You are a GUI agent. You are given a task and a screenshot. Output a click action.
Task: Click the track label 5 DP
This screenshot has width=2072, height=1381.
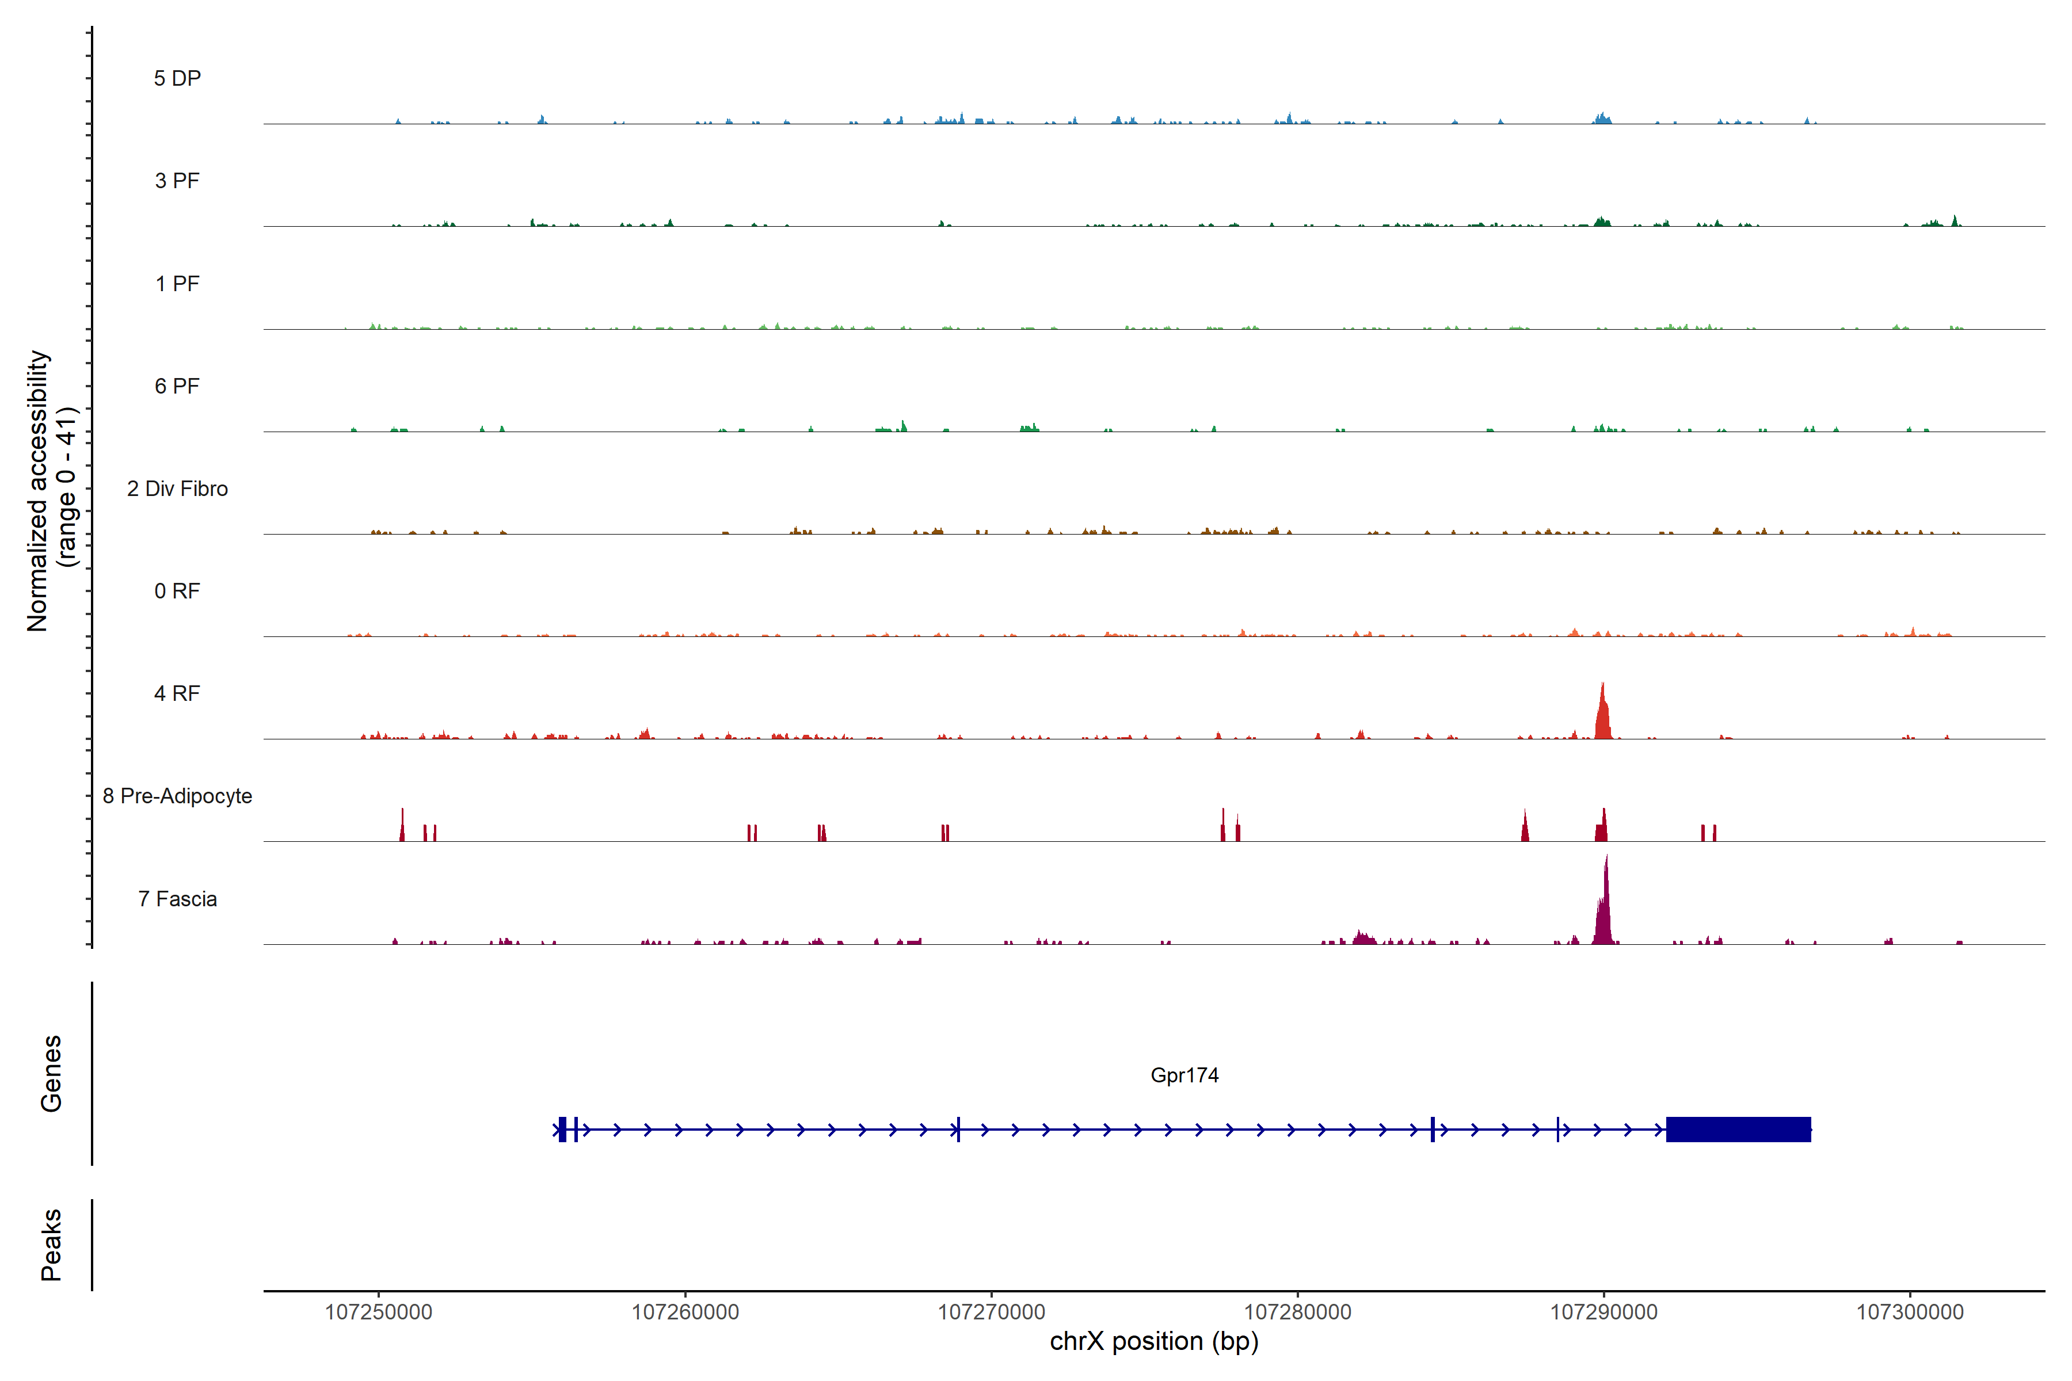click(x=177, y=78)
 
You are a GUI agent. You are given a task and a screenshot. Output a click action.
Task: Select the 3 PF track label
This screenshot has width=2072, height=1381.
click(x=177, y=181)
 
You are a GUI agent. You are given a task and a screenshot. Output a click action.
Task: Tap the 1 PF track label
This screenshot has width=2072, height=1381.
click(x=177, y=284)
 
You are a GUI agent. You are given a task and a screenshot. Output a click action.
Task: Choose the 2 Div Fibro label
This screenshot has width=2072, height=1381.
click(x=177, y=489)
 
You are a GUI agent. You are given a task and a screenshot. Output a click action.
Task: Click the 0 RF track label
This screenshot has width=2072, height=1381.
click(x=177, y=591)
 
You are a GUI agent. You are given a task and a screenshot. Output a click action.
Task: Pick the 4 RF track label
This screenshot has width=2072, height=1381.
click(x=177, y=693)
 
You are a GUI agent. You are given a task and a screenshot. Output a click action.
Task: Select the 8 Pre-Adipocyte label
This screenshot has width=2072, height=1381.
click(x=177, y=796)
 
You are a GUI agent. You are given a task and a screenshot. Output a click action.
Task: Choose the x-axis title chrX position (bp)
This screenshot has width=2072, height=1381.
click(x=1154, y=1341)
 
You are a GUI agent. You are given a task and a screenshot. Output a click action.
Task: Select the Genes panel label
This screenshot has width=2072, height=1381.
click(x=51, y=1074)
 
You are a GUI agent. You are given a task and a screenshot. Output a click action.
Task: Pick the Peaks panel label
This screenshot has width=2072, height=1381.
click(x=51, y=1245)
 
